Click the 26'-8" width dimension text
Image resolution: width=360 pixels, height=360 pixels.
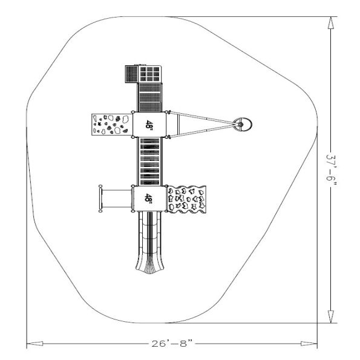tap(172, 344)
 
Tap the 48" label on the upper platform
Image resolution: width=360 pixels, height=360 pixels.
tap(149, 124)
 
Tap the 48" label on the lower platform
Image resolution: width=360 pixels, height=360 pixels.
tap(149, 197)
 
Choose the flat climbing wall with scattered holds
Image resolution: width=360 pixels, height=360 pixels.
tap(110, 124)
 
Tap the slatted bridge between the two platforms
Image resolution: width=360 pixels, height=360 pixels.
tap(149, 161)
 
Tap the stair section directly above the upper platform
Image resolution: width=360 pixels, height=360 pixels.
tap(150, 97)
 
